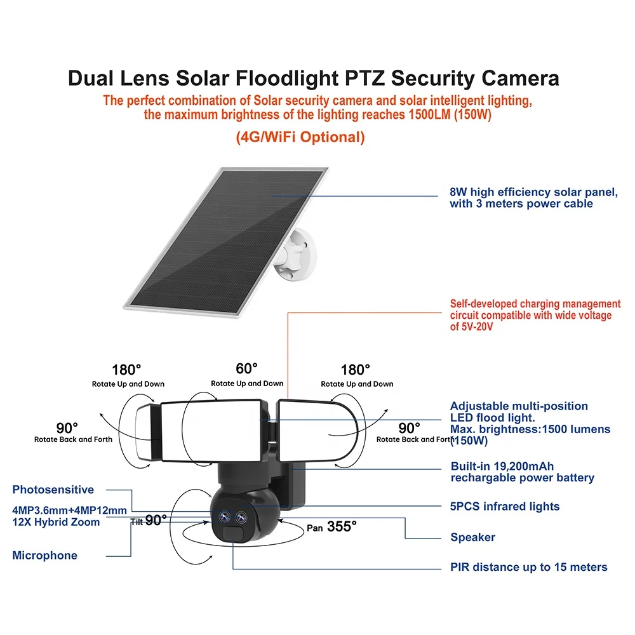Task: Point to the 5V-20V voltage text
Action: tap(472, 327)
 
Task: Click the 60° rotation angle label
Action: tap(247, 368)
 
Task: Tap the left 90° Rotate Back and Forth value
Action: tap(67, 428)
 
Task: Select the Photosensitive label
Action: tap(53, 490)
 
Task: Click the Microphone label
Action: tap(44, 556)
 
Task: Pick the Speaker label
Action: tap(472, 537)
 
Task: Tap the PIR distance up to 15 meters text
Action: tap(529, 567)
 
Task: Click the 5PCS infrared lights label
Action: tap(505, 507)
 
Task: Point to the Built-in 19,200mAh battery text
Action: tap(522, 472)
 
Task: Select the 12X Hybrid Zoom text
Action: tap(56, 522)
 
